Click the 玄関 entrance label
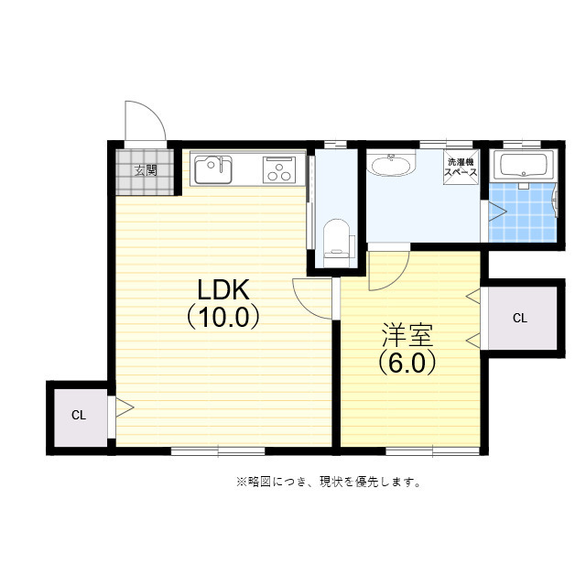[146, 171]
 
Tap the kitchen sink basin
[213, 169]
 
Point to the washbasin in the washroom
[391, 164]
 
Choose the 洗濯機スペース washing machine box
[461, 167]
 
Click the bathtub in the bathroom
[524, 166]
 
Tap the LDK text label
[223, 290]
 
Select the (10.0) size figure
[223, 317]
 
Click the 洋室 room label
[407, 335]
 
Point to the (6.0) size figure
[407, 363]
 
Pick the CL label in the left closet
[79, 415]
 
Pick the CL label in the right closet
[520, 319]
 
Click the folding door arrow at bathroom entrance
[497, 212]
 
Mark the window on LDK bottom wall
[218, 451]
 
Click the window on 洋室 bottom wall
[433, 451]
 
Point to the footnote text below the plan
[329, 483]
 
